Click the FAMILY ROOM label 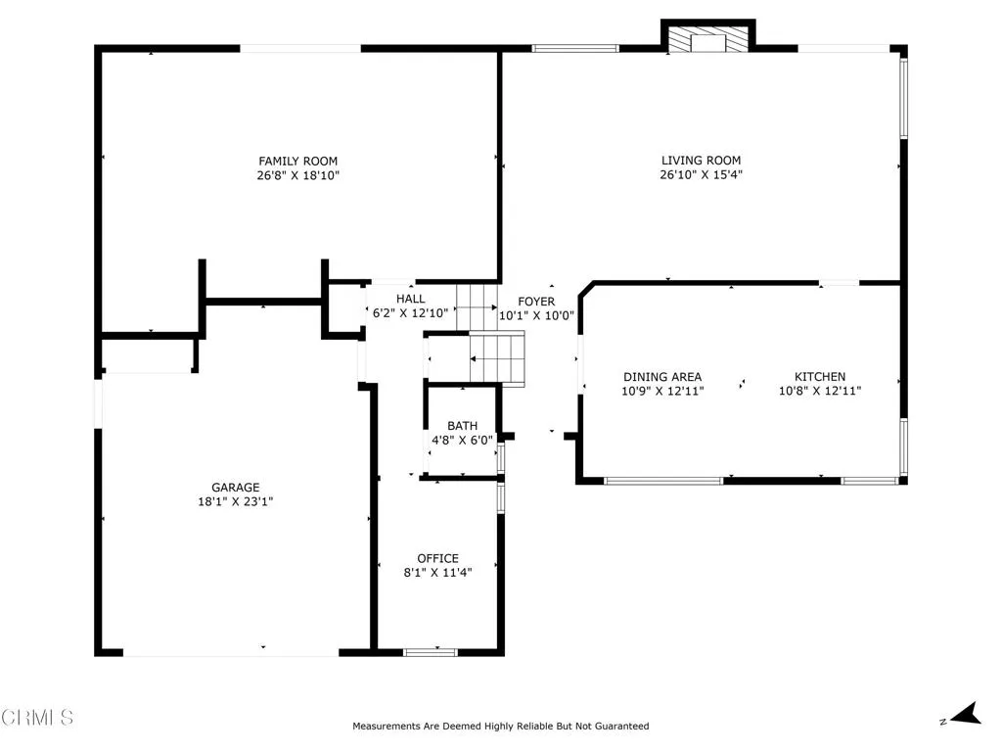tap(297, 161)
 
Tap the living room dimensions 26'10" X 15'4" tap(701, 175)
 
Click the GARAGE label tap(236, 487)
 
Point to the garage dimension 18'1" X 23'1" tap(236, 501)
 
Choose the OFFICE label tap(437, 558)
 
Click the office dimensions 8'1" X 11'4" tap(437, 573)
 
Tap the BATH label tap(462, 426)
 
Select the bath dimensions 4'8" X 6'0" tap(462, 441)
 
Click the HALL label tap(410, 299)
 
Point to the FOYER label tap(535, 302)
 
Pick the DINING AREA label tap(662, 377)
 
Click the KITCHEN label tap(819, 377)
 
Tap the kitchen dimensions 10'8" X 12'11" tap(819, 391)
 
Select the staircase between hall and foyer tap(489, 333)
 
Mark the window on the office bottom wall tap(431, 651)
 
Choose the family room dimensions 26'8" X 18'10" tap(297, 175)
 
